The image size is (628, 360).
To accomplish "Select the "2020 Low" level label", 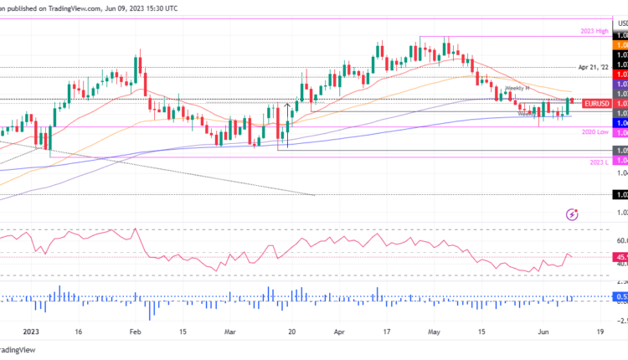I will tap(594, 132).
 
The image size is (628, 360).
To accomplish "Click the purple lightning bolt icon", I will tap(572, 215).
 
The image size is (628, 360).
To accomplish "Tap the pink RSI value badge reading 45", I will tap(620, 257).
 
